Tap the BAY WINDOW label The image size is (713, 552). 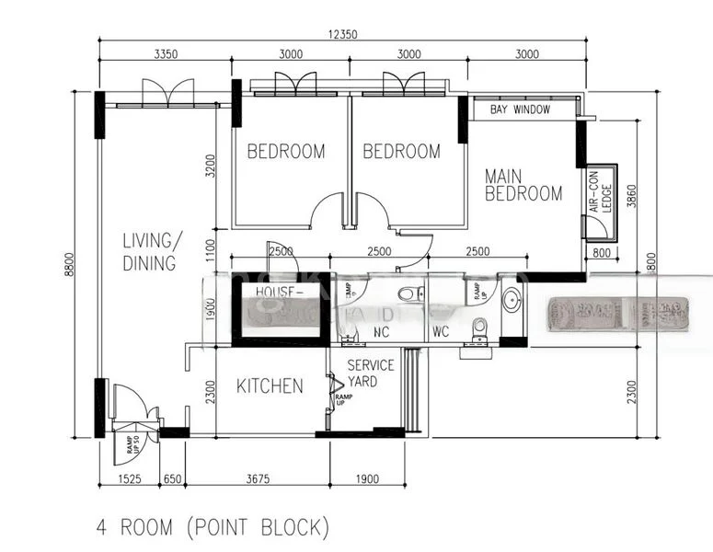click(520, 109)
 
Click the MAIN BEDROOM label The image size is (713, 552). click(523, 184)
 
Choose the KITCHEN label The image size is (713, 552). click(270, 385)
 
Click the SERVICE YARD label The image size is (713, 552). click(370, 373)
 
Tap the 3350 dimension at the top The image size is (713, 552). click(167, 54)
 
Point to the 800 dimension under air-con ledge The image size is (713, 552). click(601, 252)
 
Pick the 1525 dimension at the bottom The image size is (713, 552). click(129, 478)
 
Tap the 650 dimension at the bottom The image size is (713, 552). click(173, 478)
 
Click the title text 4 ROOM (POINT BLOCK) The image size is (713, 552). click(213, 527)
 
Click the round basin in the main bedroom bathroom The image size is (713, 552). click(512, 296)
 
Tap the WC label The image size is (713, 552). click(441, 331)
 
